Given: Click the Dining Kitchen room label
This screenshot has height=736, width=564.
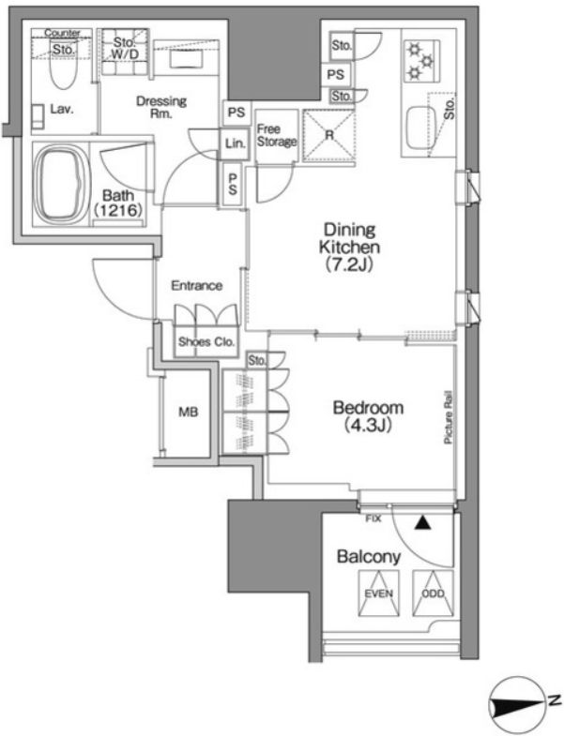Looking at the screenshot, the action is pyautogui.click(x=350, y=247).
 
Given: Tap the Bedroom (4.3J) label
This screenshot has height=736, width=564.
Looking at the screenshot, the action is pyautogui.click(x=368, y=416).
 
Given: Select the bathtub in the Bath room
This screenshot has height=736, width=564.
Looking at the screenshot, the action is pyautogui.click(x=60, y=183).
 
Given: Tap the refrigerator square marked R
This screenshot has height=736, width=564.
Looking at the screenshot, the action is pyautogui.click(x=329, y=135).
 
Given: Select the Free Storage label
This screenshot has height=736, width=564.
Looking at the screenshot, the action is pyautogui.click(x=276, y=135).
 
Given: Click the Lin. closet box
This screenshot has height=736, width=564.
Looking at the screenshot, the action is pyautogui.click(x=235, y=143).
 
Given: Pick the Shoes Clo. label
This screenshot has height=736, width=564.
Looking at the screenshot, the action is pyautogui.click(x=206, y=341).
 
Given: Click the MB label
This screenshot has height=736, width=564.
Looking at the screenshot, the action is pyautogui.click(x=188, y=413).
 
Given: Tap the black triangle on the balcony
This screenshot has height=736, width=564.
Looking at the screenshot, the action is pyautogui.click(x=422, y=523).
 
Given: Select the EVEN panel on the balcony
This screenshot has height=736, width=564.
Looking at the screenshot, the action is pyautogui.click(x=379, y=593).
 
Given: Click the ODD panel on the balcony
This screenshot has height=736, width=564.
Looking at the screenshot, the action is pyautogui.click(x=433, y=593).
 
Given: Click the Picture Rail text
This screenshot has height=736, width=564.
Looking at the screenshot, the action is pyautogui.click(x=448, y=417).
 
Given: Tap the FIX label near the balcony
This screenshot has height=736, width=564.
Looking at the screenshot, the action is pyautogui.click(x=373, y=519).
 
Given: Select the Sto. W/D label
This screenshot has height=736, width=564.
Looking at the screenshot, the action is pyautogui.click(x=125, y=49).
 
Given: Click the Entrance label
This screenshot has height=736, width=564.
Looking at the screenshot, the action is pyautogui.click(x=196, y=285).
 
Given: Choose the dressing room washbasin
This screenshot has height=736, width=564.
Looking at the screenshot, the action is pyautogui.click(x=186, y=59).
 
